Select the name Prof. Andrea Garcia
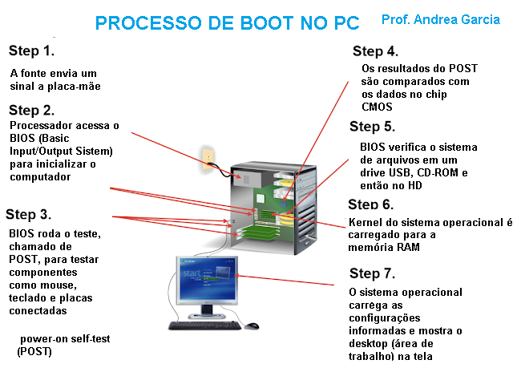coord(440,18)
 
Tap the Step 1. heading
coord(32,51)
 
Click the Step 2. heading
coord(32,110)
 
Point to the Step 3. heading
coord(29,214)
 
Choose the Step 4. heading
coord(375,51)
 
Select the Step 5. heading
coord(372,127)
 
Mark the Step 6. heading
coord(370,204)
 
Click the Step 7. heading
coord(373,273)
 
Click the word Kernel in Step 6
coord(365,222)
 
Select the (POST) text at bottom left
coord(34,351)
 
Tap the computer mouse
coord(252,326)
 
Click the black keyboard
coord(204,326)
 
